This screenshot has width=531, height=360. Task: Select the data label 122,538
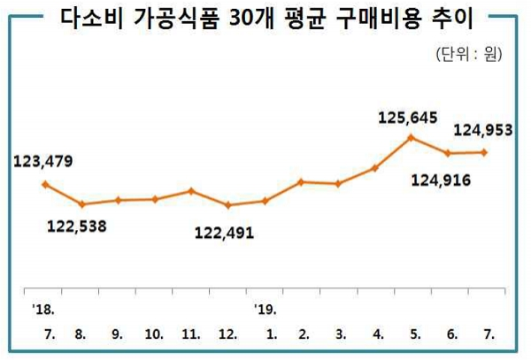coord(76,226)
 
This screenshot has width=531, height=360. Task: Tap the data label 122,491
coord(225,234)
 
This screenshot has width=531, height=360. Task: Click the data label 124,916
coord(441,181)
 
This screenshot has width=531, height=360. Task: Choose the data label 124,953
coord(483,131)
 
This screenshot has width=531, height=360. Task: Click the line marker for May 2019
coord(411,137)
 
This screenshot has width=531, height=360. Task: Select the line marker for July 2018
coord(44,184)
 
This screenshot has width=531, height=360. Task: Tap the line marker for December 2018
coord(227,205)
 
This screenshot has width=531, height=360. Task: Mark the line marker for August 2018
coord(81,204)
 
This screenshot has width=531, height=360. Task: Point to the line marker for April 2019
coord(374,167)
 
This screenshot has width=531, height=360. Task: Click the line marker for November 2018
coord(191,190)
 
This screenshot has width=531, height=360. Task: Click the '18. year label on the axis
coord(42,309)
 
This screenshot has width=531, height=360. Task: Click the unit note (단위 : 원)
coord(470,55)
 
